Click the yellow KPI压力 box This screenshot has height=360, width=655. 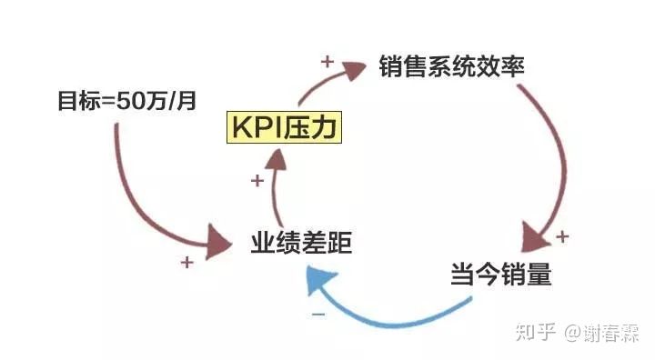[284, 126]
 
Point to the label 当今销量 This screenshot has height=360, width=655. [500, 274]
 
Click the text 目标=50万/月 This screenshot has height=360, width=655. [126, 99]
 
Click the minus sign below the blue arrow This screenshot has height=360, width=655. [318, 314]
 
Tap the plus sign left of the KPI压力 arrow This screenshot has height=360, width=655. [257, 181]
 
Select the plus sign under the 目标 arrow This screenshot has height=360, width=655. [186, 263]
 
